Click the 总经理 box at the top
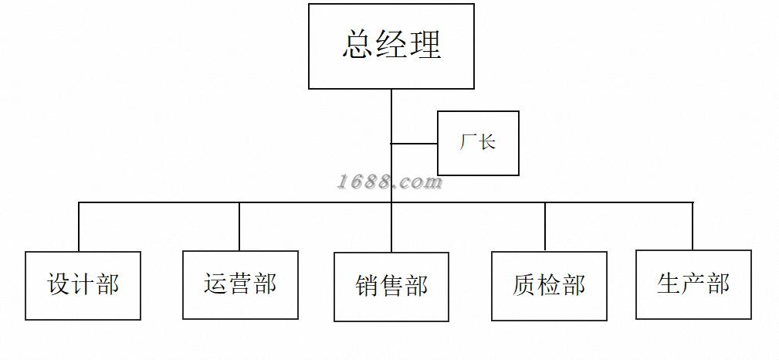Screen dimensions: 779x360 pyautogui.click(x=391, y=46)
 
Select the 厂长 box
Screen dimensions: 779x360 pyautogui.click(x=478, y=143)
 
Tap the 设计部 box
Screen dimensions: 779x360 pyautogui.click(x=83, y=285)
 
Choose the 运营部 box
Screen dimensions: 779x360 pyautogui.click(x=240, y=285)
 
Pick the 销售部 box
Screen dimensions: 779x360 pyautogui.click(x=391, y=287)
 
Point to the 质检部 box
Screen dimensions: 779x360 pyautogui.click(x=549, y=286)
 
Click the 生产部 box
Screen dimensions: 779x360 pyautogui.click(x=693, y=284)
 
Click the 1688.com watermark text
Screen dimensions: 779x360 pyautogui.click(x=389, y=182)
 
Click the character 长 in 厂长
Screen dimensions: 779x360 pyautogui.click(x=487, y=142)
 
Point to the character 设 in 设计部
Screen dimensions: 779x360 pyautogui.click(x=59, y=284)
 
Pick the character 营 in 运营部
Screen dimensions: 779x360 pyautogui.click(x=240, y=284)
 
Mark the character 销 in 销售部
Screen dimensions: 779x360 pyautogui.click(x=367, y=286)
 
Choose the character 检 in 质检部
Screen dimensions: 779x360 pyautogui.click(x=549, y=285)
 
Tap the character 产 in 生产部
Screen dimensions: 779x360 pyautogui.click(x=693, y=284)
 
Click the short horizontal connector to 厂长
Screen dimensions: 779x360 pyautogui.click(x=415, y=144)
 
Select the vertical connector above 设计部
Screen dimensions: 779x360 pyautogui.click(x=79, y=227)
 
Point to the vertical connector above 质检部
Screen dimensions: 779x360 pyautogui.click(x=545, y=227)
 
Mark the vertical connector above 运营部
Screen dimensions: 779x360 pyautogui.click(x=239, y=226)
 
